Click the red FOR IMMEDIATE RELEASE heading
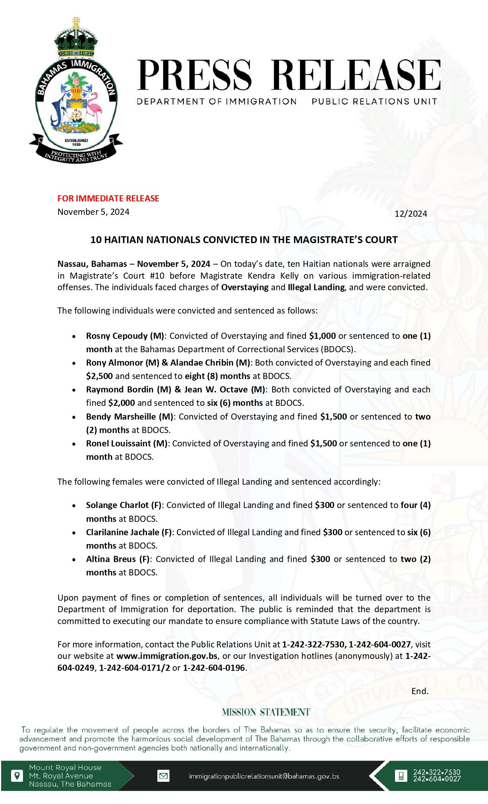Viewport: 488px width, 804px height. pos(108,198)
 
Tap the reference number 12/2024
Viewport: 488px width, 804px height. pos(411,214)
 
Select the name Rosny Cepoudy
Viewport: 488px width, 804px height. pos(117,336)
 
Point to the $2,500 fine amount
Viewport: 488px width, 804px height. pos(100,376)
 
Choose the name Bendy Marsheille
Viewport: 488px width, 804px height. pos(121,417)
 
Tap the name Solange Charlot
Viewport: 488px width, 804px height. pos(117,505)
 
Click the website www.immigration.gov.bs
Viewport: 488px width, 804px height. pos(167,656)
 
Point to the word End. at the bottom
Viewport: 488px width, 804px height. pos(420,691)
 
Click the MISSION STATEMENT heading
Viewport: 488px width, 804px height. pos(266,712)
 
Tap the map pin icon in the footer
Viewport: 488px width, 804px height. pos(16,776)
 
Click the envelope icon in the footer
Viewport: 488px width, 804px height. pos(163,776)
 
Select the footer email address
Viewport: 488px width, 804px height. pos(264,776)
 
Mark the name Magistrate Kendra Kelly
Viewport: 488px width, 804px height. pos(249,276)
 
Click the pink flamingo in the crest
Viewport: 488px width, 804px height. pos(93,109)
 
